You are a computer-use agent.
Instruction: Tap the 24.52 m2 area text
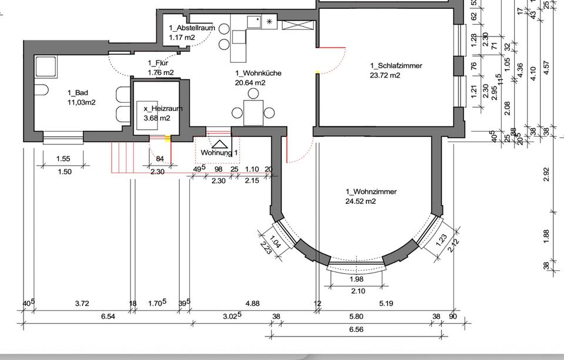[360, 201]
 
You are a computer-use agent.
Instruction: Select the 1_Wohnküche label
[258, 73]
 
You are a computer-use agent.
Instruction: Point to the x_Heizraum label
[159, 109]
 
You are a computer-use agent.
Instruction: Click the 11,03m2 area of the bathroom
[82, 102]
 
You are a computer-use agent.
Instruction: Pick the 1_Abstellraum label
[192, 28]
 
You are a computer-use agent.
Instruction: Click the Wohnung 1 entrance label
[220, 153]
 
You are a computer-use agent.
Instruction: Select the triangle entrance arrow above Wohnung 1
[220, 143]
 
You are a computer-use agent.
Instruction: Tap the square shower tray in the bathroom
[46, 67]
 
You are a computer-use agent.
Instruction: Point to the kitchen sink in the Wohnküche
[254, 22]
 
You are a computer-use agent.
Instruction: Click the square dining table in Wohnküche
[253, 112]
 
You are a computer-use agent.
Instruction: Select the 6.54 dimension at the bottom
[108, 317]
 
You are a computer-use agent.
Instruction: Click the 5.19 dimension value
[386, 304]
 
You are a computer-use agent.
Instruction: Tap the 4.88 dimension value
[252, 304]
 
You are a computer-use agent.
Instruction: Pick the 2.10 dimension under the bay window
[357, 291]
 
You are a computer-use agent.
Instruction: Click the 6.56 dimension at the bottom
[356, 329]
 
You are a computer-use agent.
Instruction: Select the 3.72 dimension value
[82, 304]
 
